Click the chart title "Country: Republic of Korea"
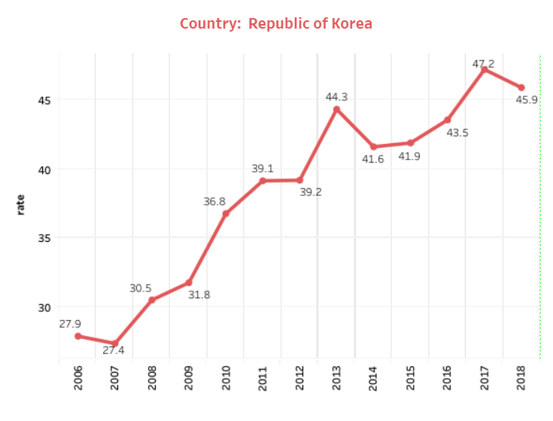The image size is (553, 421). (276, 23)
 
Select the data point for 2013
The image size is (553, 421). (336, 109)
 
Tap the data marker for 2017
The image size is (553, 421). (485, 69)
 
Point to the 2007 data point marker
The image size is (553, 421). (115, 343)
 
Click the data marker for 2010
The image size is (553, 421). (226, 214)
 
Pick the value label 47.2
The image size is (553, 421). (484, 64)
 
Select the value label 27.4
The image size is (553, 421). (114, 350)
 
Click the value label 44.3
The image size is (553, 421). (336, 97)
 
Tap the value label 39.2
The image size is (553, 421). (311, 192)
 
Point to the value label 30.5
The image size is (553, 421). (141, 288)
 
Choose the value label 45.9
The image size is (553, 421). (527, 99)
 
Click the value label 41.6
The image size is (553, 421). (373, 159)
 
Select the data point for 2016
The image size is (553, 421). (448, 120)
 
